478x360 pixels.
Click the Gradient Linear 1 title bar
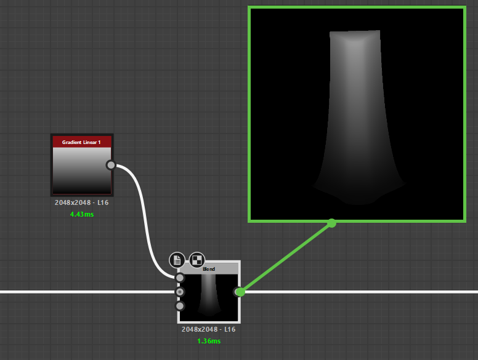81,142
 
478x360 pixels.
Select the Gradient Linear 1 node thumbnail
81,170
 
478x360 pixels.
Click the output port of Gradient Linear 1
111,165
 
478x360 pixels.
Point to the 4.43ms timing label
82,214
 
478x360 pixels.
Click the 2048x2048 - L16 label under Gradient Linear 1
81,202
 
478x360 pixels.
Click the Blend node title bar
209,269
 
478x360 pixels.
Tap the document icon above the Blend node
177,260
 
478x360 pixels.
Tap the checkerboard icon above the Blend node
197,260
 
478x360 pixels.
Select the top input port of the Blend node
180,278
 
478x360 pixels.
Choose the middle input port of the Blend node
180,292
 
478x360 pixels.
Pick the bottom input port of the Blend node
180,306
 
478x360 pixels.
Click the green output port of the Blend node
240,292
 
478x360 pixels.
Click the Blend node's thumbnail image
209,298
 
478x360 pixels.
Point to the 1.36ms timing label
209,341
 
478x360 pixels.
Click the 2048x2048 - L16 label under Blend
208,329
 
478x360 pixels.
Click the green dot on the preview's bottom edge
331,223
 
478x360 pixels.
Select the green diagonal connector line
286,257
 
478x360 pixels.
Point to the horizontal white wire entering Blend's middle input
86,292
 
